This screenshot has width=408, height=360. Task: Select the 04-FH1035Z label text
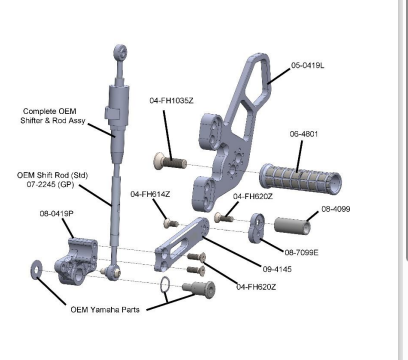click(x=172, y=100)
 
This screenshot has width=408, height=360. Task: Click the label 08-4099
click(x=335, y=209)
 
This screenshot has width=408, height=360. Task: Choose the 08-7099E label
click(x=301, y=252)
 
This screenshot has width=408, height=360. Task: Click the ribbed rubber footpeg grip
click(x=300, y=179)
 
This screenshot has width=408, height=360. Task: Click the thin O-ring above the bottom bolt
click(x=162, y=288)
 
